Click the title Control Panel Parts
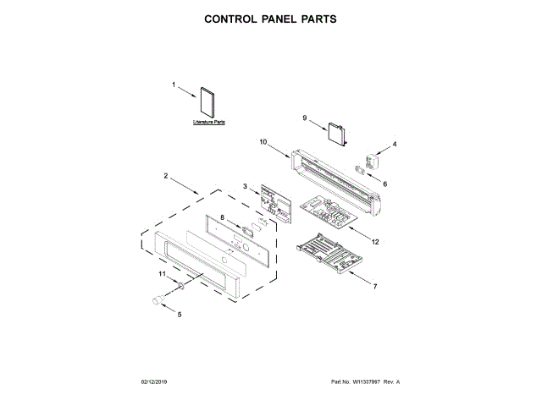point(270,18)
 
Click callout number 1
point(174,85)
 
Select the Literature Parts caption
point(208,123)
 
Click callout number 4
point(394,144)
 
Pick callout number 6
point(386,183)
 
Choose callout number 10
point(263,142)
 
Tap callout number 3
point(245,187)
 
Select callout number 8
point(223,217)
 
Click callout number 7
point(375,288)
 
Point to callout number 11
point(162,274)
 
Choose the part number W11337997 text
point(363,382)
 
